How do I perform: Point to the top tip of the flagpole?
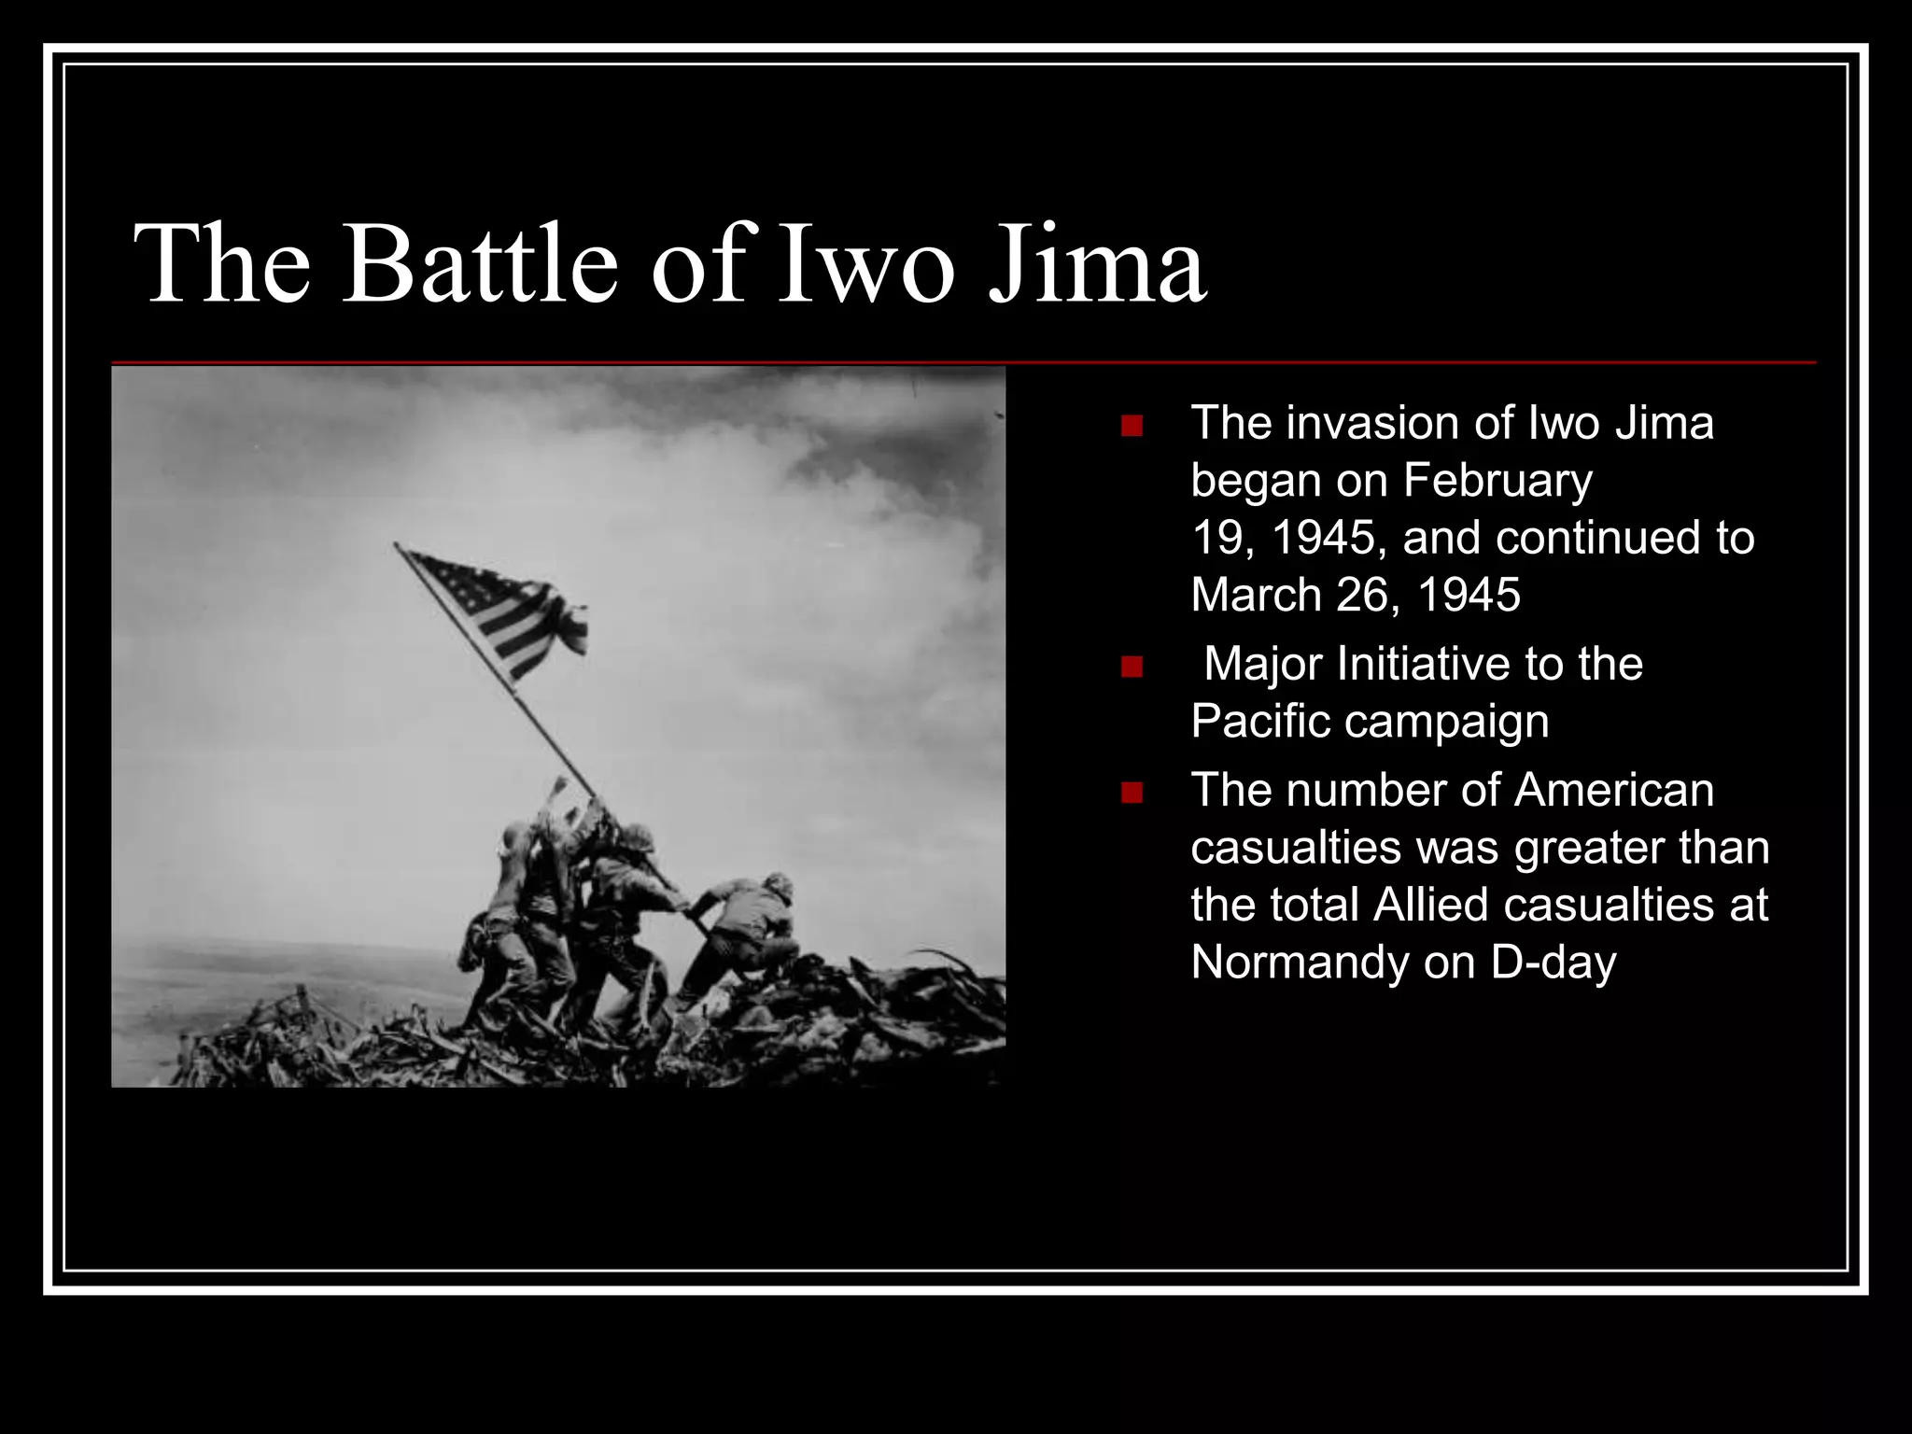coord(396,544)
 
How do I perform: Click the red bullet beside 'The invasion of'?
coord(1132,427)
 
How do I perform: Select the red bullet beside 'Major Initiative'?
coord(1132,667)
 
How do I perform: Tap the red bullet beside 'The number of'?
coord(1132,793)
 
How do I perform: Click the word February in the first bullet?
coord(1497,481)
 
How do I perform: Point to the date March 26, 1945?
coord(1356,595)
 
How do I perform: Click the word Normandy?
coord(1299,963)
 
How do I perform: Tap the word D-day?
coord(1553,963)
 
